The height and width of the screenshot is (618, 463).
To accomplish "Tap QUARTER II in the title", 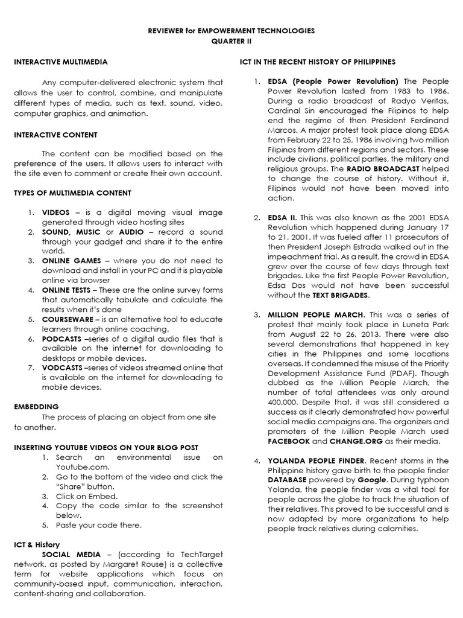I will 231,40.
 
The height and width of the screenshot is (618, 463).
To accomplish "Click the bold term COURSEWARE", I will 67,319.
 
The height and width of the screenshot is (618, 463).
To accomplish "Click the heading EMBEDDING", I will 37,407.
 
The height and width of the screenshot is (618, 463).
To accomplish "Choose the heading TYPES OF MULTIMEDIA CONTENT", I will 72,193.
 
